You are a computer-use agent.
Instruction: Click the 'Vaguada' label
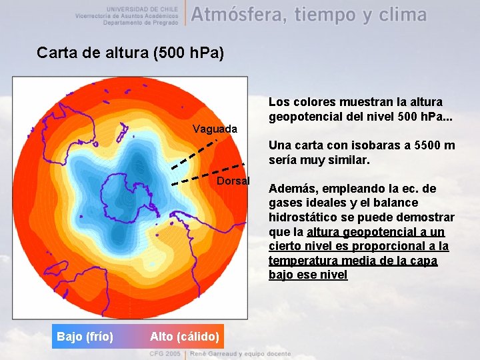click(214, 129)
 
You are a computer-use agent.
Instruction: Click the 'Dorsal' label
click(233, 181)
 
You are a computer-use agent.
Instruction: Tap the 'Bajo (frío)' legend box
click(85, 337)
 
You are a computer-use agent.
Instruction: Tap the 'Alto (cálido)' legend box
click(185, 337)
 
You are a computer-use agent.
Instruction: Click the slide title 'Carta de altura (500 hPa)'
click(130, 53)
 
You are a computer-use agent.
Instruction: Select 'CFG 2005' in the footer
click(165, 353)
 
